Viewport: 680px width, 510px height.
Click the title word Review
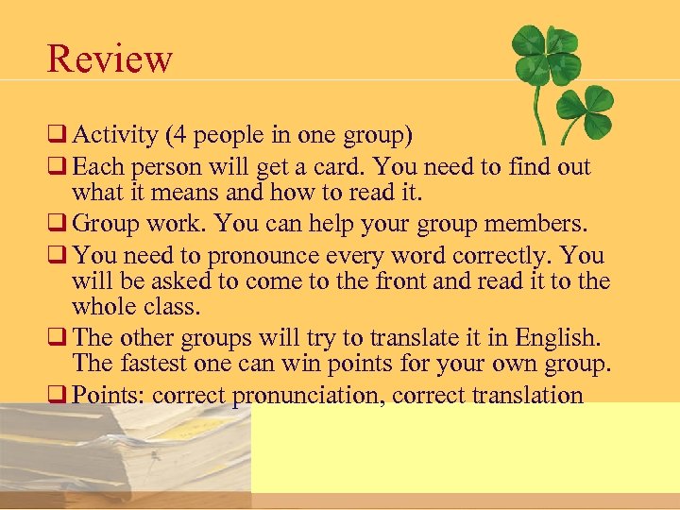(110, 59)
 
